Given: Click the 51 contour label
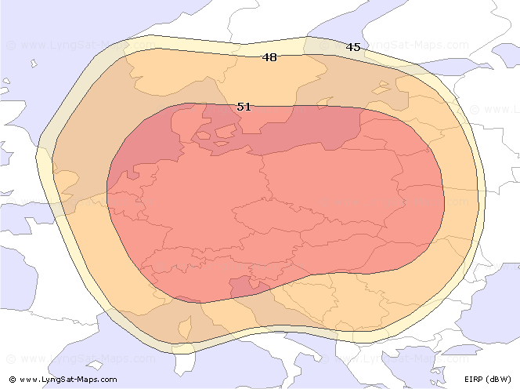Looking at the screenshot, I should [x=244, y=106].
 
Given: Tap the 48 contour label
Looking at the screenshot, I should [x=269, y=57].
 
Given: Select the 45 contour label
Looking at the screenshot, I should [x=353, y=47].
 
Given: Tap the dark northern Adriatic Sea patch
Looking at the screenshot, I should [x=242, y=286].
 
